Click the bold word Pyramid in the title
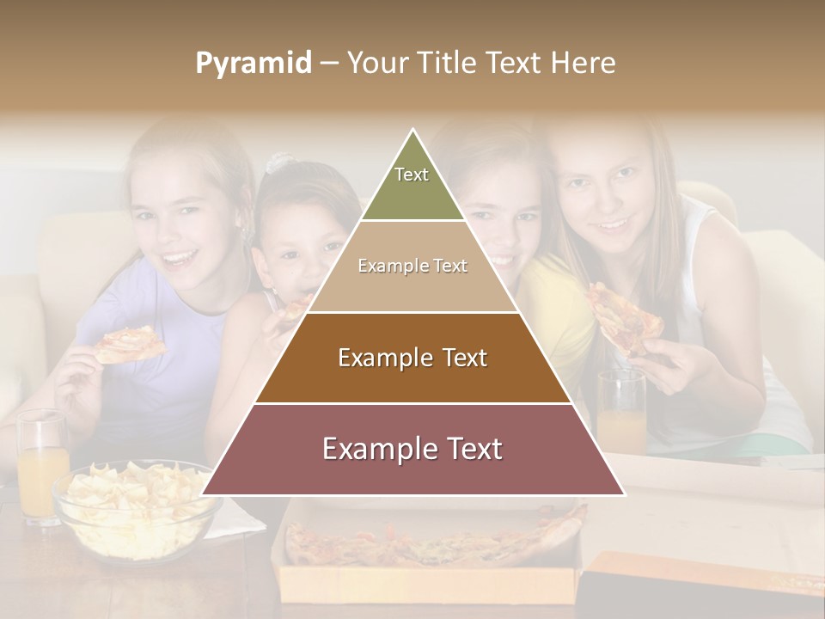click(x=253, y=64)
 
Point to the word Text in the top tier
click(x=412, y=175)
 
